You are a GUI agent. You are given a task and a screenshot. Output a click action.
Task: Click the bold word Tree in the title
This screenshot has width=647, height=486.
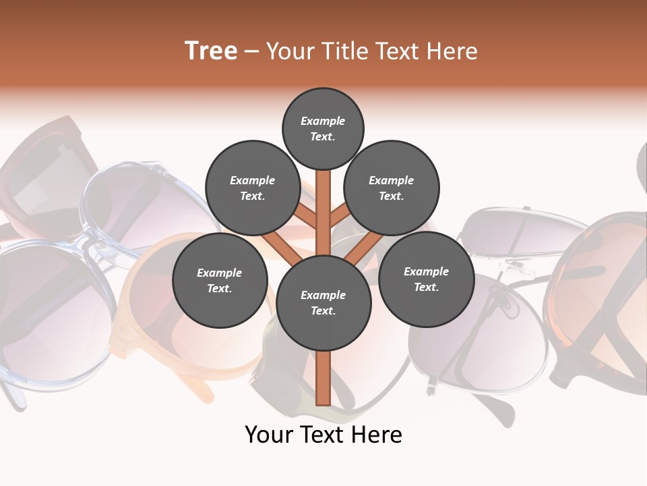(211, 51)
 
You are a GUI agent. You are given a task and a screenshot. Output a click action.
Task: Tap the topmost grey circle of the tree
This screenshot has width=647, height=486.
(323, 128)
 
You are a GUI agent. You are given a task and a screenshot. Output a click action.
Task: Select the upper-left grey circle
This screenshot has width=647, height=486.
(253, 188)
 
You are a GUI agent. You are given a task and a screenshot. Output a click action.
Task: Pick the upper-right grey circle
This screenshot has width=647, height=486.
(392, 188)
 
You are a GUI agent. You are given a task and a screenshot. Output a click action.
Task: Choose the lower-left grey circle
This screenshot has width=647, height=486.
(220, 281)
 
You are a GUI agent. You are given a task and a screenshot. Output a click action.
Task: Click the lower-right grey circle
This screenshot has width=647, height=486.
(426, 279)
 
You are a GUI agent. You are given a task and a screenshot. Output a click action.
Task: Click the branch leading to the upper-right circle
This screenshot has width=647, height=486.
(341, 215)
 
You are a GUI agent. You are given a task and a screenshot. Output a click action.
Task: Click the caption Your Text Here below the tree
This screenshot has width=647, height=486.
(323, 435)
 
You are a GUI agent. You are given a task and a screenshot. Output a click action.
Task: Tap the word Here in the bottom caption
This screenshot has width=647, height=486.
(380, 435)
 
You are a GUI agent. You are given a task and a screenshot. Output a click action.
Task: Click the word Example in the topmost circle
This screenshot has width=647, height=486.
(323, 121)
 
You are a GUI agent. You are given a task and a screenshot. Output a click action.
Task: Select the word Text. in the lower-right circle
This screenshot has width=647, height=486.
(426, 287)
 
